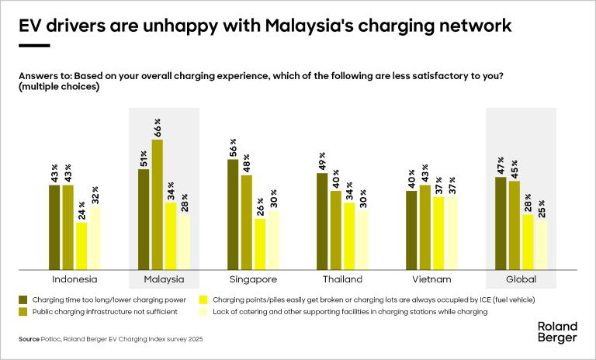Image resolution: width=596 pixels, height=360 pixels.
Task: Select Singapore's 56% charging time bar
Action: click(x=233, y=214)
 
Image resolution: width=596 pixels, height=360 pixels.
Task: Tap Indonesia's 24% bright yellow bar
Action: click(x=81, y=246)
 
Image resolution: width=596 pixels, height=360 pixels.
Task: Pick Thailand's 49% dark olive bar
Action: click(x=322, y=221)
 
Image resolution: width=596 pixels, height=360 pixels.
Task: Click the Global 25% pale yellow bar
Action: click(x=541, y=244)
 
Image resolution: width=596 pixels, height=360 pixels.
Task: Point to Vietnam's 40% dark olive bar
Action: click(x=411, y=230)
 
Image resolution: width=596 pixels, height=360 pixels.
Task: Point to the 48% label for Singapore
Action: click(x=247, y=163)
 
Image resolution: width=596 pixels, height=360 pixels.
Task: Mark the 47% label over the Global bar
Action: click(x=501, y=165)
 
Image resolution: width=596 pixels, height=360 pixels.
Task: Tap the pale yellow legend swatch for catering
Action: click(x=204, y=311)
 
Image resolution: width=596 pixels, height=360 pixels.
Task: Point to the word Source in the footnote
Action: click(x=28, y=340)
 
